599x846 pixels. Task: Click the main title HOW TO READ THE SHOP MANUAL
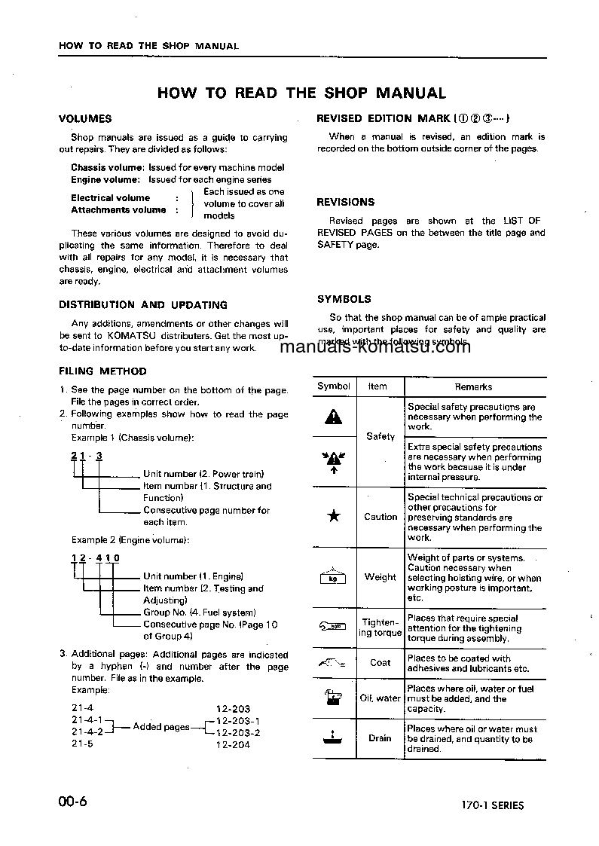(301, 93)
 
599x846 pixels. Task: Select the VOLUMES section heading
(85, 119)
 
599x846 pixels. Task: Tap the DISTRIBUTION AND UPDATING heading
(143, 305)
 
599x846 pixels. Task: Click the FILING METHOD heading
(102, 371)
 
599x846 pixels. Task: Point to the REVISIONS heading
(345, 202)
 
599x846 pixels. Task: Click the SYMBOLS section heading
(344, 299)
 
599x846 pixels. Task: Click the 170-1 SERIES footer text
(493, 805)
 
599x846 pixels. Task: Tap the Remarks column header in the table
(473, 386)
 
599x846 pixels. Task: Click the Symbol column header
(333, 386)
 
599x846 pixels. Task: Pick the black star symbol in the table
(333, 517)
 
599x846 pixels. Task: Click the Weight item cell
(380, 577)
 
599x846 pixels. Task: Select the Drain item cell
(380, 738)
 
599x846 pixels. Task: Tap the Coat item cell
(380, 663)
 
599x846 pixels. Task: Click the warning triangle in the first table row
(333, 416)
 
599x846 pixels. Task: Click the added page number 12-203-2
(238, 733)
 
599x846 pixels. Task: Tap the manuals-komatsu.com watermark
(374, 347)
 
